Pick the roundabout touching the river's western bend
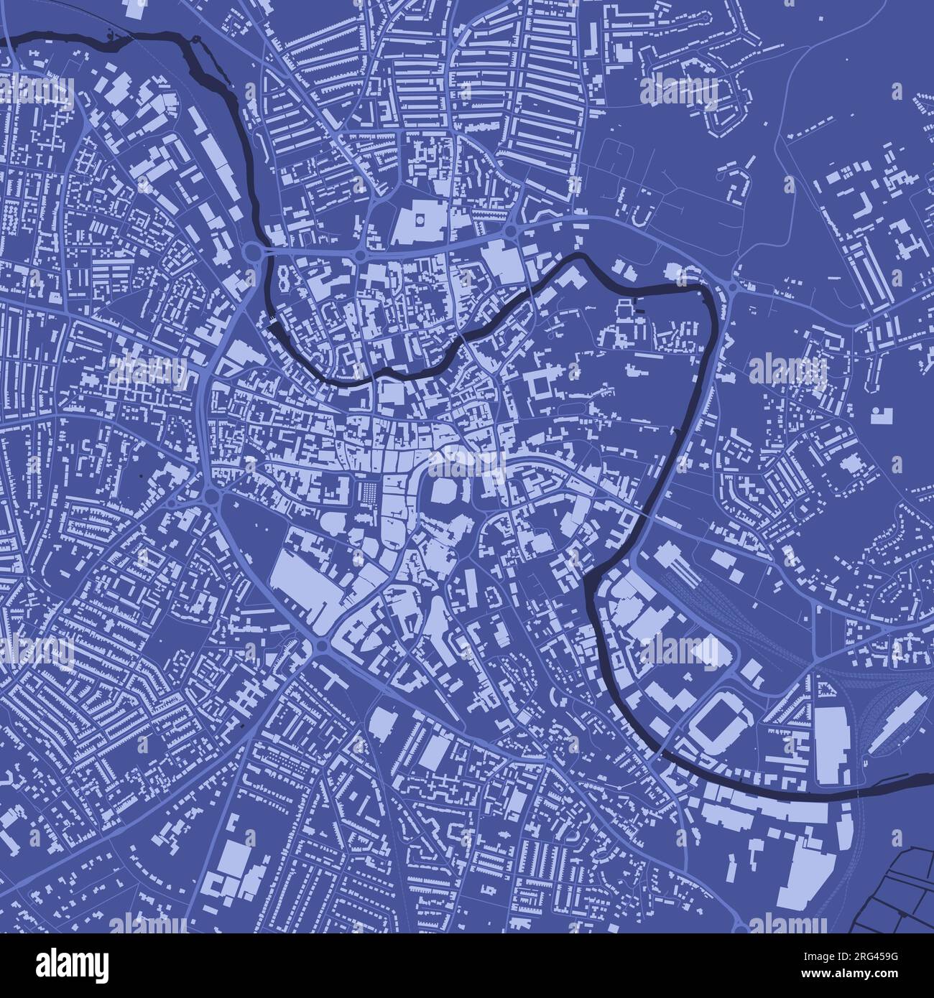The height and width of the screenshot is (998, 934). pos(253,253)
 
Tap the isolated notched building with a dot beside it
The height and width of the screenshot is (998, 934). pos(879,414)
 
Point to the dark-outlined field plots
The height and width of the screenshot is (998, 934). pos(898,890)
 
